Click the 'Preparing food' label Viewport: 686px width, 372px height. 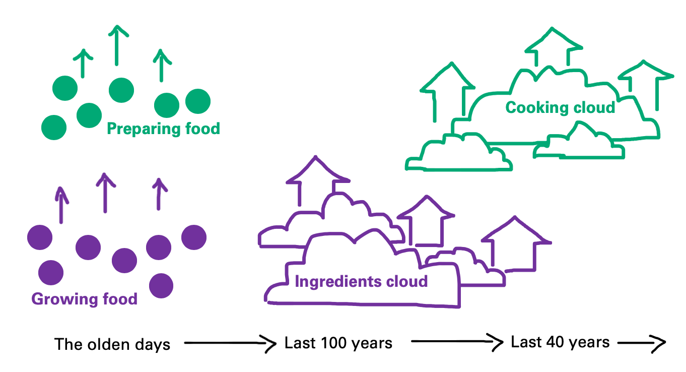pyautogui.click(x=163, y=129)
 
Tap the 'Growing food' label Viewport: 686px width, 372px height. pyautogui.click(x=84, y=299)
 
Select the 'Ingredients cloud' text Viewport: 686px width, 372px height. pyautogui.click(x=361, y=281)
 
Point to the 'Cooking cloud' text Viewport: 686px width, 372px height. pyautogui.click(x=560, y=107)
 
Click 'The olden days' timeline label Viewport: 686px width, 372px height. pyautogui.click(x=112, y=345)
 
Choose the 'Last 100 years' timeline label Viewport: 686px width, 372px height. pyautogui.click(x=338, y=343)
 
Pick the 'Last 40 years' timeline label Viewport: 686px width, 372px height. pyautogui.click(x=560, y=342)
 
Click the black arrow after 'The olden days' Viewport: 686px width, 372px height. pyautogui.click(x=230, y=344)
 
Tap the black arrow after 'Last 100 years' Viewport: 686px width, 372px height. pyautogui.click(x=456, y=342)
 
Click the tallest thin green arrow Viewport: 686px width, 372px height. pyautogui.click(x=117, y=45)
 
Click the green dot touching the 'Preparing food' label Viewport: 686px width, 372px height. pyautogui.click(x=89, y=115)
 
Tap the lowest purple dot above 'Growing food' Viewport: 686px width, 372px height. pyautogui.click(x=161, y=285)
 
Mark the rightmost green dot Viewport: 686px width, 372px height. pyautogui.click(x=197, y=101)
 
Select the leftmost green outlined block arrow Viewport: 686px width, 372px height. pyautogui.click(x=448, y=91)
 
